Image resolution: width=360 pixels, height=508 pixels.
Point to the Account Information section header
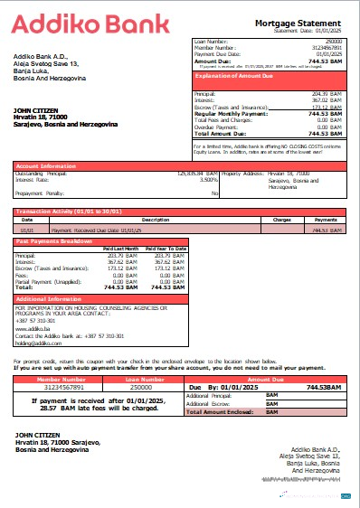coord(44,165)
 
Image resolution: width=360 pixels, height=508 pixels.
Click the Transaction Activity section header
coord(69,212)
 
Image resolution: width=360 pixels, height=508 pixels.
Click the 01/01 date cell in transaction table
coord(27,230)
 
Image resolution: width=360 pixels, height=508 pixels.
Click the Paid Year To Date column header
coord(166,249)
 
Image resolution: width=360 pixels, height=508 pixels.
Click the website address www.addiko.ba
coord(33,329)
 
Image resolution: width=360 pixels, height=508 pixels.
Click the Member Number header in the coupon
coord(57,380)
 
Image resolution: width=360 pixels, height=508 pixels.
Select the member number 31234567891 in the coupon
coord(57,387)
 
